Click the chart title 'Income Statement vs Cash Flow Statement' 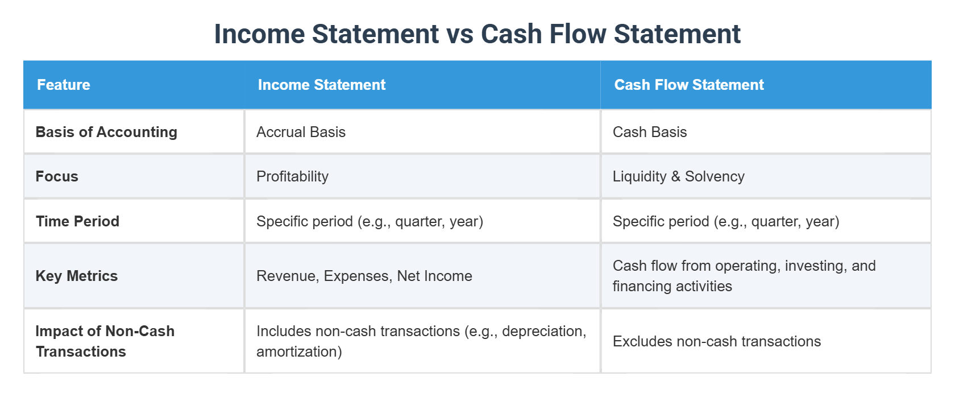coord(477,34)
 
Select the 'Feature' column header coord(64,85)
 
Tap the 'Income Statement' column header coord(321,85)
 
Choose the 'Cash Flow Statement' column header coord(688,85)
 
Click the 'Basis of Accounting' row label coord(106,132)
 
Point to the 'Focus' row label coord(57,176)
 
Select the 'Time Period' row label coord(77,221)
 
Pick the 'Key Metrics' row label coord(77,276)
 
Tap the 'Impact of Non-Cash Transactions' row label coord(105,341)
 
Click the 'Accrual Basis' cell coord(301,132)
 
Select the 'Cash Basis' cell coord(650,132)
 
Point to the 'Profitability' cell coord(292,176)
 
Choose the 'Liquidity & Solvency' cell coord(678,176)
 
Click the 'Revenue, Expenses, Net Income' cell coord(364,276)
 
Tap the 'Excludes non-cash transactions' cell coord(716,341)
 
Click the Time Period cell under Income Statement coord(369,221)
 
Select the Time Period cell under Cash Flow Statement coord(725,221)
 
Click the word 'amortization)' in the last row coord(299,351)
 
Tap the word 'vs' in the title coord(460,34)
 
